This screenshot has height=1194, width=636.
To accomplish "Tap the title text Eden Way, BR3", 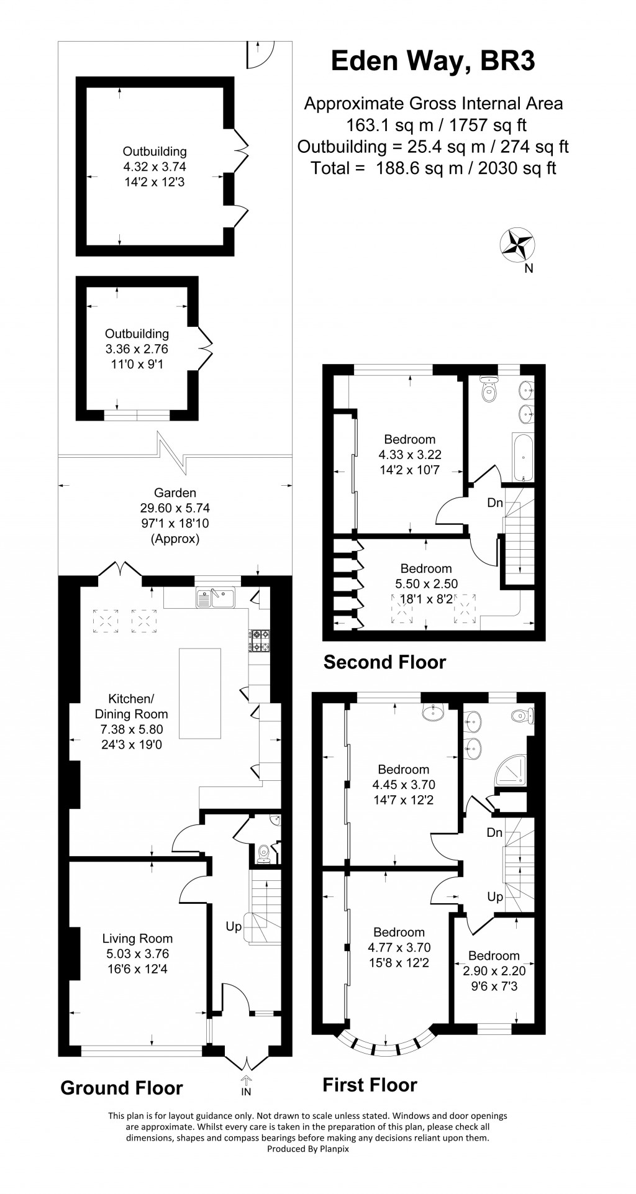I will pyautogui.click(x=433, y=61).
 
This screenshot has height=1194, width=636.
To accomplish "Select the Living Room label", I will pyautogui.click(x=137, y=938).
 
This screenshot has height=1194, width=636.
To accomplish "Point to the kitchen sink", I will pyautogui.click(x=215, y=598).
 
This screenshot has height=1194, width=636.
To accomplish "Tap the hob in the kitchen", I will pyautogui.click(x=260, y=640).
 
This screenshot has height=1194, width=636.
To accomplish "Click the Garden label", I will pyautogui.click(x=175, y=493).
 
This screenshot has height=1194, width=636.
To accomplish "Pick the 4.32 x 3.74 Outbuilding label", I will pyautogui.click(x=154, y=166).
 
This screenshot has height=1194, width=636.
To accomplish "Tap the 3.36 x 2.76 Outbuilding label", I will pyautogui.click(x=137, y=349).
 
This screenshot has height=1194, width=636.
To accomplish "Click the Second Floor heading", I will pyautogui.click(x=384, y=662).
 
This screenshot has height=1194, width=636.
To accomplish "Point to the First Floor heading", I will pyautogui.click(x=370, y=1085).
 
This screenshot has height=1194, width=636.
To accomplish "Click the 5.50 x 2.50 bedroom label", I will pyautogui.click(x=426, y=584).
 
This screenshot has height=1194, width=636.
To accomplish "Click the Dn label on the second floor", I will pyautogui.click(x=494, y=503).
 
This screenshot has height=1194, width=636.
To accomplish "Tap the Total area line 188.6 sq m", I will pyautogui.click(x=433, y=168).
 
